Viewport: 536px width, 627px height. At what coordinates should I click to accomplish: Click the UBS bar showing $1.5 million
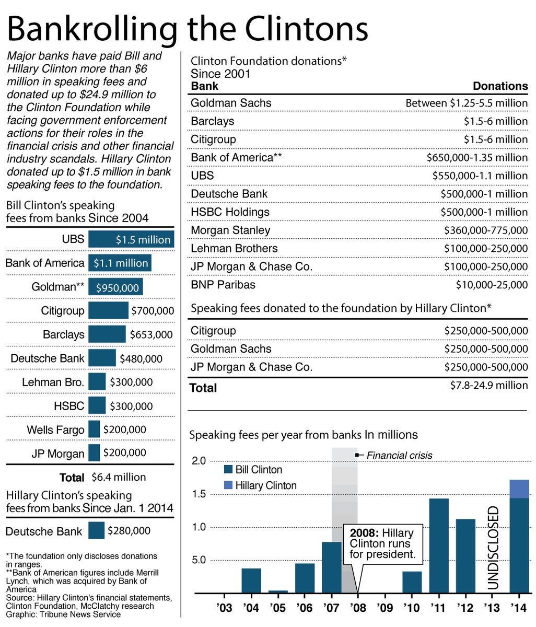point(131,239)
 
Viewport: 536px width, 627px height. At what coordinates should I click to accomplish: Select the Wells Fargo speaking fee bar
point(94,429)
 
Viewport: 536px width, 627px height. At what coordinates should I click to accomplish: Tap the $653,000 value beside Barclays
point(151,334)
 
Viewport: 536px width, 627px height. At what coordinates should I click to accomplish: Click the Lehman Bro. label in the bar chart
point(53,382)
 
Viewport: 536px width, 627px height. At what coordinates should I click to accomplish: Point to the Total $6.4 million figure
point(119,477)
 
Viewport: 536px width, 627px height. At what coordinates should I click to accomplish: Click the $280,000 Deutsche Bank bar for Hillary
point(96,531)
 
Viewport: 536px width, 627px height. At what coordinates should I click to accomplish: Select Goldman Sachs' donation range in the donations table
point(467,103)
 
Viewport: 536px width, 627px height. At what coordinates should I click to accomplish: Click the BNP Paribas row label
point(223,285)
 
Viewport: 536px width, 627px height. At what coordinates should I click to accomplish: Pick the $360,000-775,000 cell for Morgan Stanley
point(486,230)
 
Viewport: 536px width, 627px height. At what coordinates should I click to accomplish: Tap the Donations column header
point(500,86)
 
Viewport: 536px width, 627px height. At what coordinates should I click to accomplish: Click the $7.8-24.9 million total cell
point(489,386)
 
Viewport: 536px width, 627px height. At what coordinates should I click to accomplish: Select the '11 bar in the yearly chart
point(439,545)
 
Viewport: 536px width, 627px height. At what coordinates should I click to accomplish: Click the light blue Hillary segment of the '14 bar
point(519,489)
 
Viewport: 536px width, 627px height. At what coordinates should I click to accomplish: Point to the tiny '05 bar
point(278,591)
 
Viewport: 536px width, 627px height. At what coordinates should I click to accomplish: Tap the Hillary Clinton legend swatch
point(228,485)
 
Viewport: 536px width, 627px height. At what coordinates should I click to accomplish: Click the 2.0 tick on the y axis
point(200,461)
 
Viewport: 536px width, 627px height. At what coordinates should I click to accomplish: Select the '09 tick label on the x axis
point(384,609)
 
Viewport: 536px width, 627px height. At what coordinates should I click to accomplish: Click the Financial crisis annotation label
point(399,455)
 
